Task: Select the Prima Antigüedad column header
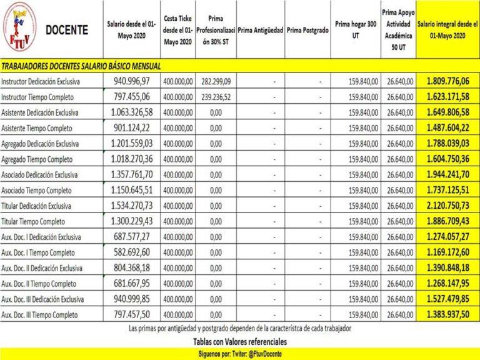click(x=261, y=29)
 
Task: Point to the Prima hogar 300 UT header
click(x=356, y=29)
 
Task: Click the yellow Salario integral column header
click(x=447, y=29)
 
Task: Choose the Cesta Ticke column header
click(x=177, y=29)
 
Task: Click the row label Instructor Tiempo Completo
click(x=38, y=97)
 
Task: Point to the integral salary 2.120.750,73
click(x=447, y=205)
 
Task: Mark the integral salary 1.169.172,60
click(x=447, y=252)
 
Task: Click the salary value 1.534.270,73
click(x=131, y=205)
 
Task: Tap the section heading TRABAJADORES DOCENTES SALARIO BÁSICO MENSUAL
click(x=81, y=66)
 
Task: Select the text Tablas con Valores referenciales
click(x=240, y=342)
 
